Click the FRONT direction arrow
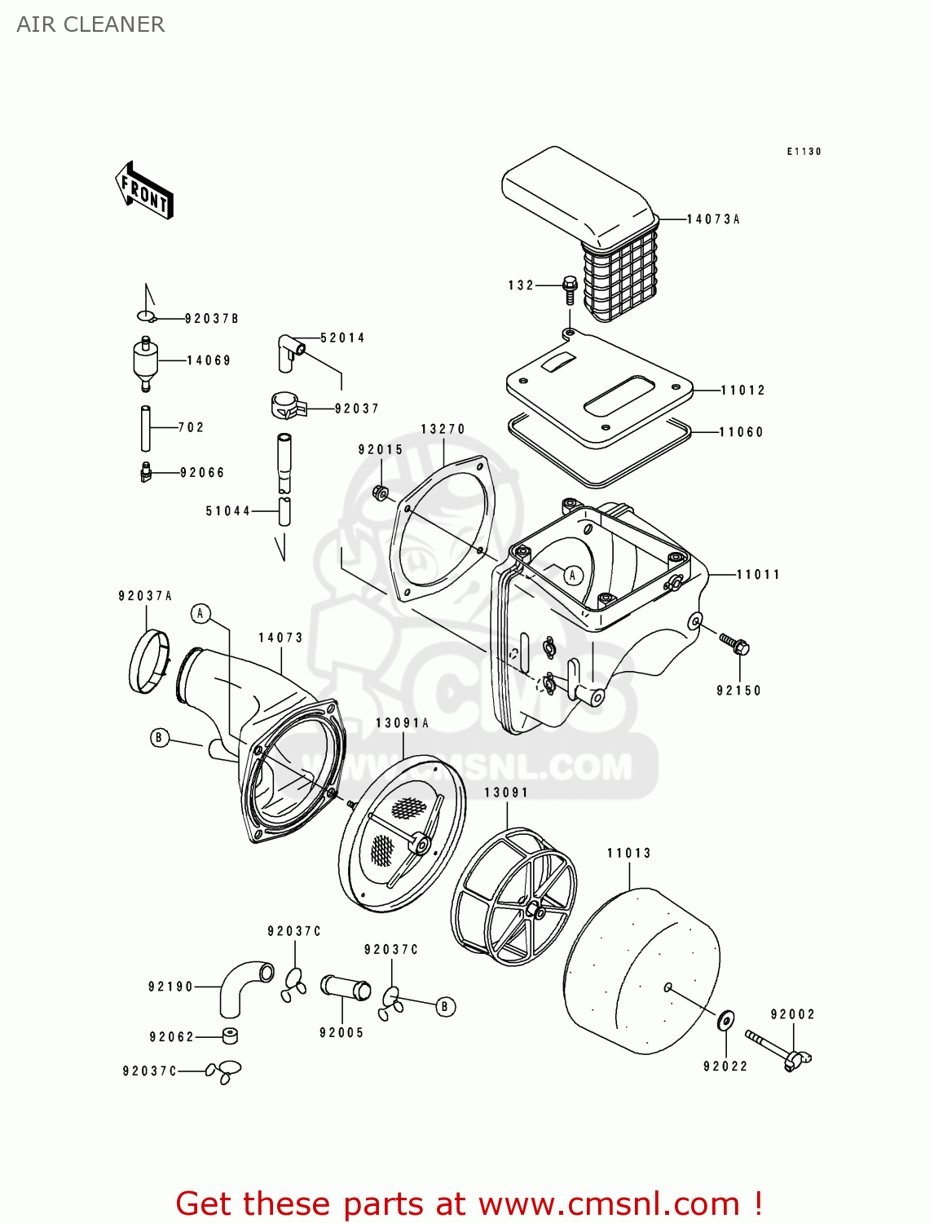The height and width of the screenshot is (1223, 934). pyautogui.click(x=144, y=190)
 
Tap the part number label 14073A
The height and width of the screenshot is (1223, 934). pyautogui.click(x=713, y=219)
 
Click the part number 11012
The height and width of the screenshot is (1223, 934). pyautogui.click(x=742, y=391)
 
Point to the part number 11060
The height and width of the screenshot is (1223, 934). pyautogui.click(x=741, y=432)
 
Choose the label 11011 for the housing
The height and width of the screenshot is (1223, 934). pyautogui.click(x=758, y=575)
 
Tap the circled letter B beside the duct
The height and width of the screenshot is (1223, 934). pyautogui.click(x=159, y=738)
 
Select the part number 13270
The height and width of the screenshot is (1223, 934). pyautogui.click(x=443, y=429)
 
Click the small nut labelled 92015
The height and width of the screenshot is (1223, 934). pyautogui.click(x=380, y=492)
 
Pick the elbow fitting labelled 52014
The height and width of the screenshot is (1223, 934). pyautogui.click(x=289, y=351)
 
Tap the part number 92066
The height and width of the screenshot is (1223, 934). pyautogui.click(x=202, y=473)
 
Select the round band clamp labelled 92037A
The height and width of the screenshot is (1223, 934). pyautogui.click(x=148, y=661)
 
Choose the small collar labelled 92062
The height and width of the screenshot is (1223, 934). pyautogui.click(x=230, y=1036)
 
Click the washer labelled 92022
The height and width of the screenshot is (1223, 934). pyautogui.click(x=725, y=1019)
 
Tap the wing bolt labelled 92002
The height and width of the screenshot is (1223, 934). pyautogui.click(x=779, y=1050)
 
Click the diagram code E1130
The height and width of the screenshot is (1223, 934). pyautogui.click(x=804, y=152)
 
